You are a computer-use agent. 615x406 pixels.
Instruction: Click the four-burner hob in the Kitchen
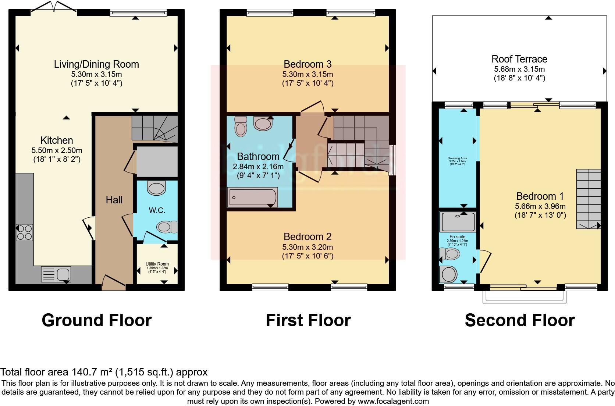pos(24,232)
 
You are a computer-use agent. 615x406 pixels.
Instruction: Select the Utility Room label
pos(157,264)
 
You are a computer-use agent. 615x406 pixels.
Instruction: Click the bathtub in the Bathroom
pos(252,197)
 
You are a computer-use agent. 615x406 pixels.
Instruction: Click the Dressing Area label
pos(457,158)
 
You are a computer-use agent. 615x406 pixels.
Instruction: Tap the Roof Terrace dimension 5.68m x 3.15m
pos(519,69)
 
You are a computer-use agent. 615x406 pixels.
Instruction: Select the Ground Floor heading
pos(96,320)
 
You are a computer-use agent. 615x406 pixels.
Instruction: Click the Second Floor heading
pos(519,320)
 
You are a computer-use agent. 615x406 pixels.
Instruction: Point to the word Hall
pos(114,200)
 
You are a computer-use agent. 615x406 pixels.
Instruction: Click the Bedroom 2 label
pos(307,236)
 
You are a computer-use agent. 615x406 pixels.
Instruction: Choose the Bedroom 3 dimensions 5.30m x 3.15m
pos(307,74)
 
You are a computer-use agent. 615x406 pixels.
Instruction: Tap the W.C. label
pos(157,210)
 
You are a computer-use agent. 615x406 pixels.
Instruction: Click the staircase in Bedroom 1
pos(588,199)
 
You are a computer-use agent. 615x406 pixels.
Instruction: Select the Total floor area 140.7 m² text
pos(104,372)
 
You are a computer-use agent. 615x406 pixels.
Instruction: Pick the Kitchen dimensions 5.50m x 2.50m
pos(57,150)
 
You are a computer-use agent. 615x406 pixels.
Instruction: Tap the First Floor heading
pos(308,320)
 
